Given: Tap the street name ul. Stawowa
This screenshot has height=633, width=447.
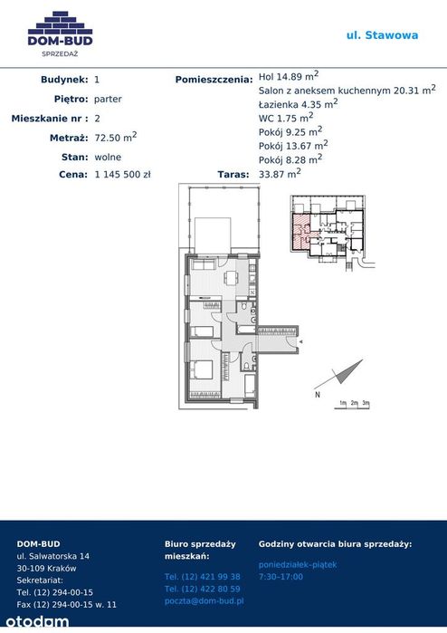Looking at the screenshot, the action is (382, 35).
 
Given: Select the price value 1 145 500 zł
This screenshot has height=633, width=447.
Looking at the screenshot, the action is (123, 175).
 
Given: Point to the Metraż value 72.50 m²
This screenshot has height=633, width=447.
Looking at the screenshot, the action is (116, 137).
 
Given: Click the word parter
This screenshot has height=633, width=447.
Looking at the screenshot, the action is (108, 99).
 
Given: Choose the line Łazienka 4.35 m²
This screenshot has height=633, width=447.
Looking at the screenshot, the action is (298, 104).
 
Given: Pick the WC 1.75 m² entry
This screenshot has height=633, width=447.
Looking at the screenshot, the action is (286, 118).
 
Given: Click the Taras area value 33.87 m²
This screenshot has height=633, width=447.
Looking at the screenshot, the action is (280, 173).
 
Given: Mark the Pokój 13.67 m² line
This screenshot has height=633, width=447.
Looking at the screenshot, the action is (293, 145).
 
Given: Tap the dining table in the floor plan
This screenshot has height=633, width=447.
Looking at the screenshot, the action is (231, 278).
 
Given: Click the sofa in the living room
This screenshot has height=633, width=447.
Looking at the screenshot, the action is (203, 265).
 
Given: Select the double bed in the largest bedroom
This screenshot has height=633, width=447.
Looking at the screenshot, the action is (202, 369).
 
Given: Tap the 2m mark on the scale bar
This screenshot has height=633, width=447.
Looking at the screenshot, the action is (354, 403).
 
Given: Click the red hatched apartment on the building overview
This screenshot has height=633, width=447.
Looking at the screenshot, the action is (300, 231).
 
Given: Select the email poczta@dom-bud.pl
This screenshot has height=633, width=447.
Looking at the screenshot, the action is (204, 600).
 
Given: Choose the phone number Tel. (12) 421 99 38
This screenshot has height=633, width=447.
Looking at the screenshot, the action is (202, 577).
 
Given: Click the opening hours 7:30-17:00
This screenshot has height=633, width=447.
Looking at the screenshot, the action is (281, 577).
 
